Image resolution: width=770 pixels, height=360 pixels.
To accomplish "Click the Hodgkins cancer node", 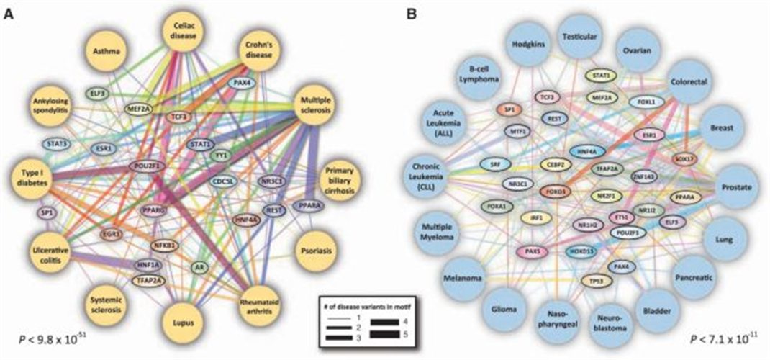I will coord(531,43).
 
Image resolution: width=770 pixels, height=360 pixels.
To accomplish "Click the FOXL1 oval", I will coord(649,102).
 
